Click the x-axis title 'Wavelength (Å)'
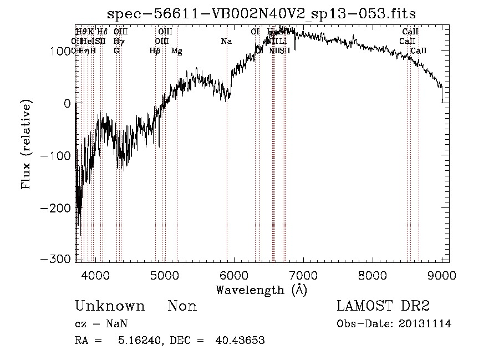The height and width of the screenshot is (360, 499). click(x=261, y=290)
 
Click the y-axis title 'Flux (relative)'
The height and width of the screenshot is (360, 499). click(x=26, y=144)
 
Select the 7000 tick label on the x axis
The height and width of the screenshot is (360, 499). click(x=303, y=274)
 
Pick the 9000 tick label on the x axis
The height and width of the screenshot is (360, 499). click(x=442, y=274)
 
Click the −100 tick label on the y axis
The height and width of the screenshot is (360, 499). click(x=56, y=155)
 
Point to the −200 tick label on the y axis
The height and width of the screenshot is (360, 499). click(x=56, y=207)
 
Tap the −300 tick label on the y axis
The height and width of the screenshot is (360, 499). click(x=56, y=259)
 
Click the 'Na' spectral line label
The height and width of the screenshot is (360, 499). click(x=226, y=41)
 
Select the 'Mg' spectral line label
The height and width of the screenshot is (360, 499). click(x=176, y=51)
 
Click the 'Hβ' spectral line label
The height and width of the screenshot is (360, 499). click(x=155, y=51)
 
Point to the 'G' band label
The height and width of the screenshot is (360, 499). click(x=116, y=50)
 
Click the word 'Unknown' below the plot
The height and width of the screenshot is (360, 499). click(x=110, y=306)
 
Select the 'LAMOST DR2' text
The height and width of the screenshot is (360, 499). click(x=383, y=306)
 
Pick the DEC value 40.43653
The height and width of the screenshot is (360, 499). click(x=240, y=341)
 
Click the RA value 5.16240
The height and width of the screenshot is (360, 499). click(x=135, y=341)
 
